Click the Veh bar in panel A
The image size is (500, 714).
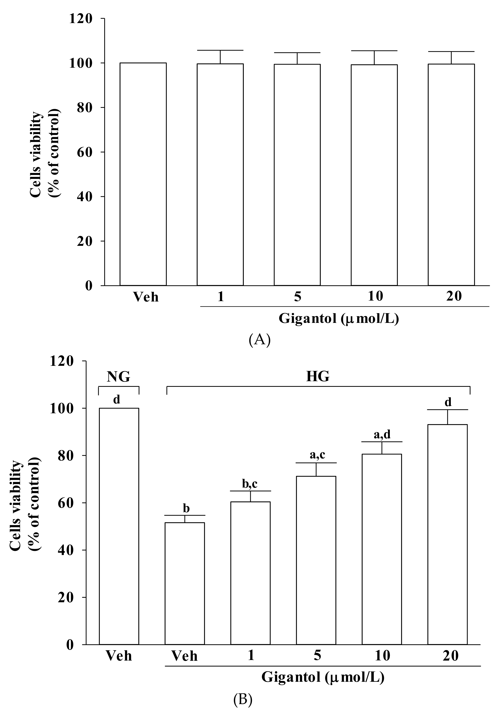143,174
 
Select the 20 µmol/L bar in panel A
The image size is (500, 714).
451,174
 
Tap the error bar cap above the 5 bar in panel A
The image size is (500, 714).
297,53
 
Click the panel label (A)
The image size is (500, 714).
260,340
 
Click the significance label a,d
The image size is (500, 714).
382,435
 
